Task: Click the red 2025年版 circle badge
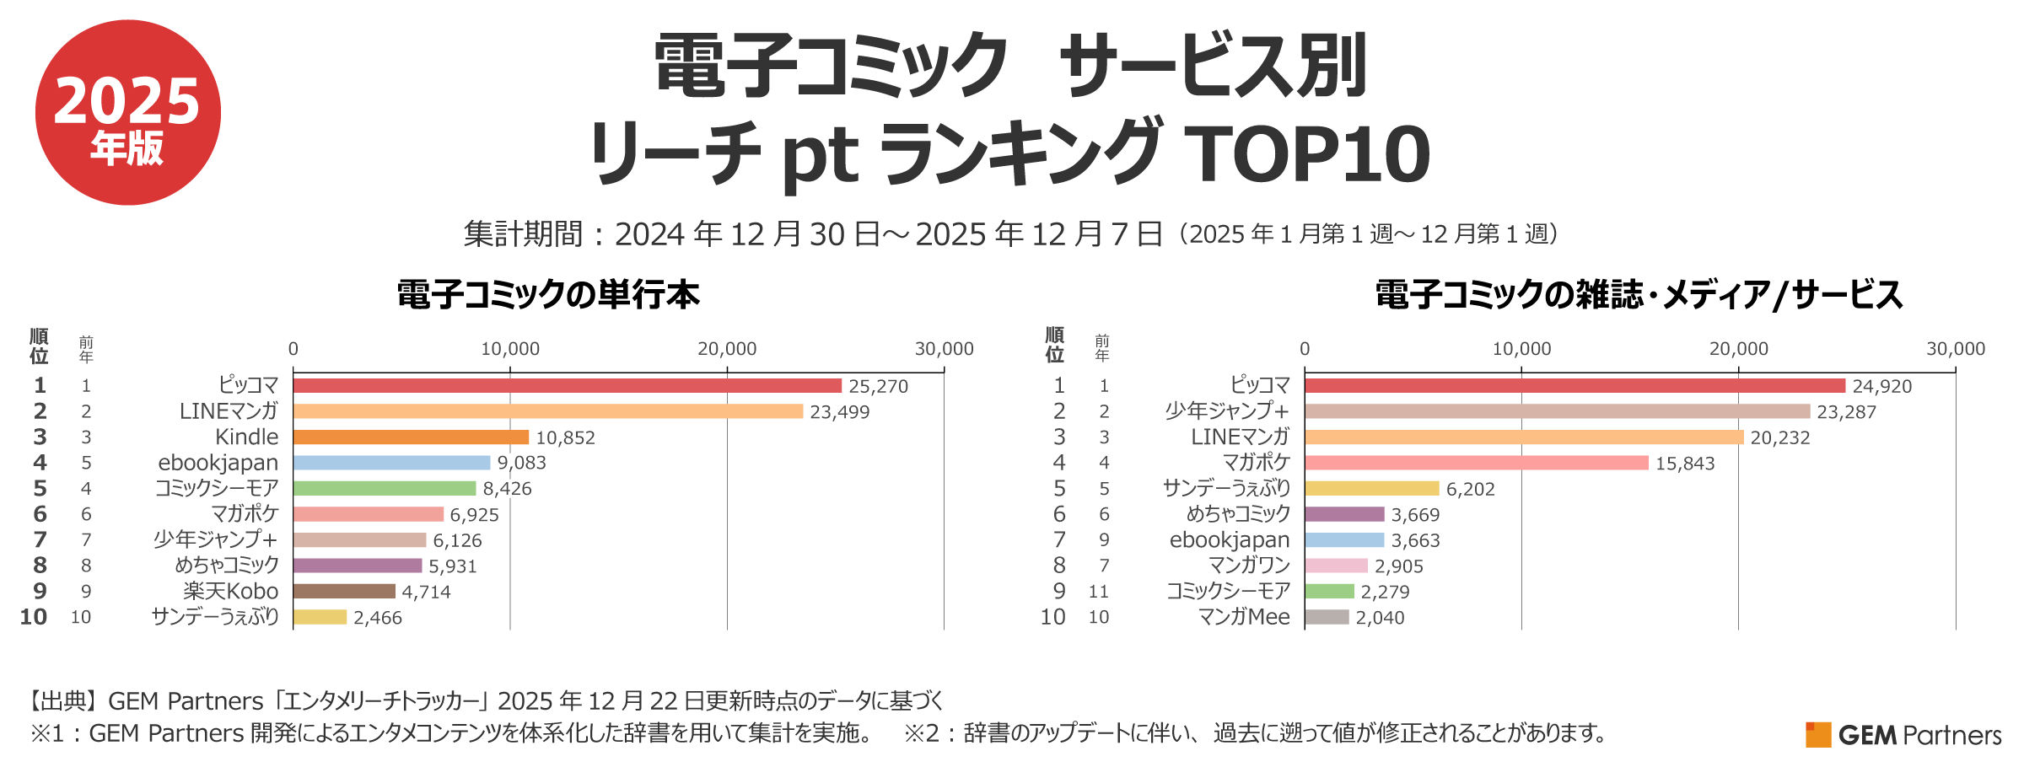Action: pyautogui.click(x=127, y=112)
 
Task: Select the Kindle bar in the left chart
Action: pyautogui.click(x=411, y=437)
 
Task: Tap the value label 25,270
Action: pyautogui.click(x=878, y=386)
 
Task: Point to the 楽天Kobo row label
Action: pyautogui.click(x=230, y=592)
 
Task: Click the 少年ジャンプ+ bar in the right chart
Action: pyautogui.click(x=1557, y=411)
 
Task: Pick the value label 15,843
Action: pyautogui.click(x=1684, y=464)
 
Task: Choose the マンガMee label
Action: pyautogui.click(x=1244, y=617)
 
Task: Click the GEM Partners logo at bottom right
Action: pyautogui.click(x=1903, y=735)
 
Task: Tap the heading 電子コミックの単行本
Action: pyautogui.click(x=548, y=295)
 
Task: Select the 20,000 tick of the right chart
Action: pyautogui.click(x=1738, y=349)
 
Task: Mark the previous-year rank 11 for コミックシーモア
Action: pyautogui.click(x=1098, y=592)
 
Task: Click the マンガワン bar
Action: pyautogui.click(x=1336, y=566)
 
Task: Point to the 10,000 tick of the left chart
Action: pyautogui.click(x=509, y=349)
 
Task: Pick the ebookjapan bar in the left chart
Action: pyautogui.click(x=391, y=463)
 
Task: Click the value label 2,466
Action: pyautogui.click(x=377, y=618)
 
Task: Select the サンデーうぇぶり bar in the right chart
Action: pyautogui.click(x=1371, y=488)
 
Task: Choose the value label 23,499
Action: pyautogui.click(x=839, y=412)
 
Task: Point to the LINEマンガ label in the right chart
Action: pyautogui.click(x=1240, y=437)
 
